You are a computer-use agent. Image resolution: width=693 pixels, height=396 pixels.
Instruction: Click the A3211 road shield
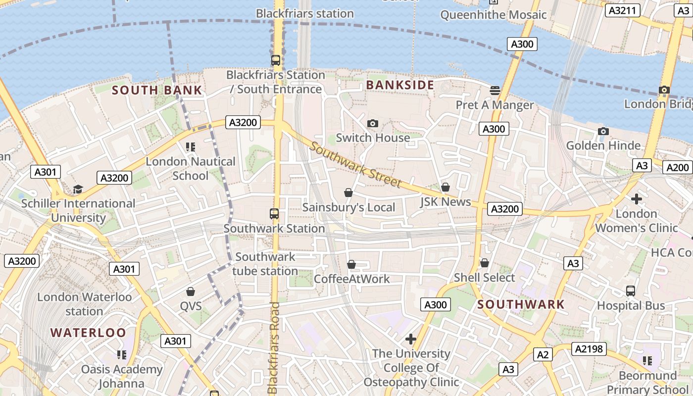click(x=623, y=10)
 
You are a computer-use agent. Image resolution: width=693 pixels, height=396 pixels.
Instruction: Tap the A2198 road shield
click(x=589, y=349)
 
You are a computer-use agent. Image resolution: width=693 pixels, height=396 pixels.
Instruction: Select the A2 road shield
click(x=543, y=354)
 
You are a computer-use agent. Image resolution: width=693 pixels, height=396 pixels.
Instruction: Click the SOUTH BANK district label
click(x=157, y=90)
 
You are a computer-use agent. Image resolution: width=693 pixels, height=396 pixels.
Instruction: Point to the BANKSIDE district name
click(x=400, y=85)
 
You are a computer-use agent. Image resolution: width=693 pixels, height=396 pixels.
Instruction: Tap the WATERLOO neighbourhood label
click(x=88, y=332)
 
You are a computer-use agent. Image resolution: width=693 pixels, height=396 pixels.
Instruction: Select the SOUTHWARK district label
click(x=521, y=304)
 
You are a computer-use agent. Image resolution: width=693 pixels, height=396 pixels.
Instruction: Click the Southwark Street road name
click(x=355, y=165)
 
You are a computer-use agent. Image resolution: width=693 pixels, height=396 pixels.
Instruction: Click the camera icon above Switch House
click(x=372, y=123)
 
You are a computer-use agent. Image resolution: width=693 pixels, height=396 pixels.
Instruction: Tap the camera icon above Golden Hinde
click(x=603, y=131)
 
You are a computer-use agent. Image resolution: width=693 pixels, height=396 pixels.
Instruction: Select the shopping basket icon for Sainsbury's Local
click(x=348, y=193)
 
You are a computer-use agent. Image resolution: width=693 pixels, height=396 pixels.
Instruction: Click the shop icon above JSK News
click(x=445, y=187)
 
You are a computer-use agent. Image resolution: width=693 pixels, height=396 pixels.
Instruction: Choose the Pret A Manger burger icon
click(x=495, y=90)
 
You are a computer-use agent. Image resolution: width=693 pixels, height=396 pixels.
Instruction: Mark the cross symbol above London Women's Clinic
click(x=636, y=199)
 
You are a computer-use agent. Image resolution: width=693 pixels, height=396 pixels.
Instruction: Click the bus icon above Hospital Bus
click(x=631, y=291)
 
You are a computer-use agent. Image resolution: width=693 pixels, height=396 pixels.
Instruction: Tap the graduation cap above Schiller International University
click(x=78, y=189)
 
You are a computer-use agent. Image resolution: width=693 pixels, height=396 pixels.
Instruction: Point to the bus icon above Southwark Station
click(x=274, y=214)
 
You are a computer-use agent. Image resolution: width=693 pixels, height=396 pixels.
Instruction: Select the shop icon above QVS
click(x=191, y=292)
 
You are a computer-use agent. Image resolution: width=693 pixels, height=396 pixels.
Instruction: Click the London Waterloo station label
click(x=85, y=304)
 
